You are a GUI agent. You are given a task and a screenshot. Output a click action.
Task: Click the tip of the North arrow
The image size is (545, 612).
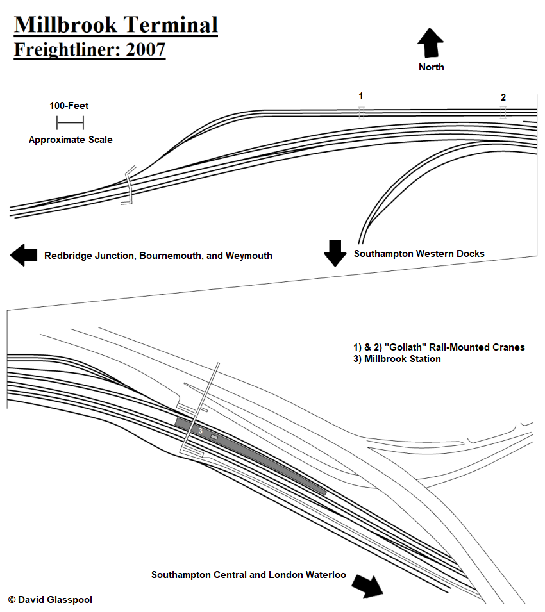430,28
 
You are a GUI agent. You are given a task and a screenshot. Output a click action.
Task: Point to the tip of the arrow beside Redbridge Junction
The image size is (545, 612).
10,255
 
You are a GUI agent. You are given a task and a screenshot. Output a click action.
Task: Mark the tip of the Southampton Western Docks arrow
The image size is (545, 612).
335,267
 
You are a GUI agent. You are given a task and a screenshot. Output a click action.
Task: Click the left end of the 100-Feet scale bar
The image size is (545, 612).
57,122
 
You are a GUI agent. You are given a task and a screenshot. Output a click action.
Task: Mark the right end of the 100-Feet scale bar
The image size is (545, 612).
83,122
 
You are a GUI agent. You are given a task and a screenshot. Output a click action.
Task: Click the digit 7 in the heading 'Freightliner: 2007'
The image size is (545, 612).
160,49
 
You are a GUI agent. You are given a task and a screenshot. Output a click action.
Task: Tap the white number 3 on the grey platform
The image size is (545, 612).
200,431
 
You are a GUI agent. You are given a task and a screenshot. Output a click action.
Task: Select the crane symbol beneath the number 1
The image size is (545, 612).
362,113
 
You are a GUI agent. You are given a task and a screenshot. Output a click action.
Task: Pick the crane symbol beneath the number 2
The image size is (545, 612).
503,112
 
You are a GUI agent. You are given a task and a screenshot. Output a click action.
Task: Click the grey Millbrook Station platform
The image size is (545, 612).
250,456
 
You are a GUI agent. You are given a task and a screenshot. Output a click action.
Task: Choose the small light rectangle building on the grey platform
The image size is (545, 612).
214,437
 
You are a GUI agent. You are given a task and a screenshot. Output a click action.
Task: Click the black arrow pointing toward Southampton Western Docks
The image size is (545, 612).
335,253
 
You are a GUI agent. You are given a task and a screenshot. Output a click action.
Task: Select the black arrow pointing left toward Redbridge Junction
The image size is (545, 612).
24,255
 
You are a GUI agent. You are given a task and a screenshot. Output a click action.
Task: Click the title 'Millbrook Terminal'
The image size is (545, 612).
116,26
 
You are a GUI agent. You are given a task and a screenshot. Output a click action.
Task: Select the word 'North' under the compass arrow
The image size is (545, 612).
432,67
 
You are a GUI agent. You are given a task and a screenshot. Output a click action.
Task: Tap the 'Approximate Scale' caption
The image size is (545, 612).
71,140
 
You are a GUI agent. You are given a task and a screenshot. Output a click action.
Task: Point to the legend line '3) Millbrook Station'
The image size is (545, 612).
397,359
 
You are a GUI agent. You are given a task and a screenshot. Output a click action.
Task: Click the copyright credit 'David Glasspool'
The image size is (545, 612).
55,600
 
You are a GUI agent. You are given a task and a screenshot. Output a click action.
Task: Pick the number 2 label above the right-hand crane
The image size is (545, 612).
503,97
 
